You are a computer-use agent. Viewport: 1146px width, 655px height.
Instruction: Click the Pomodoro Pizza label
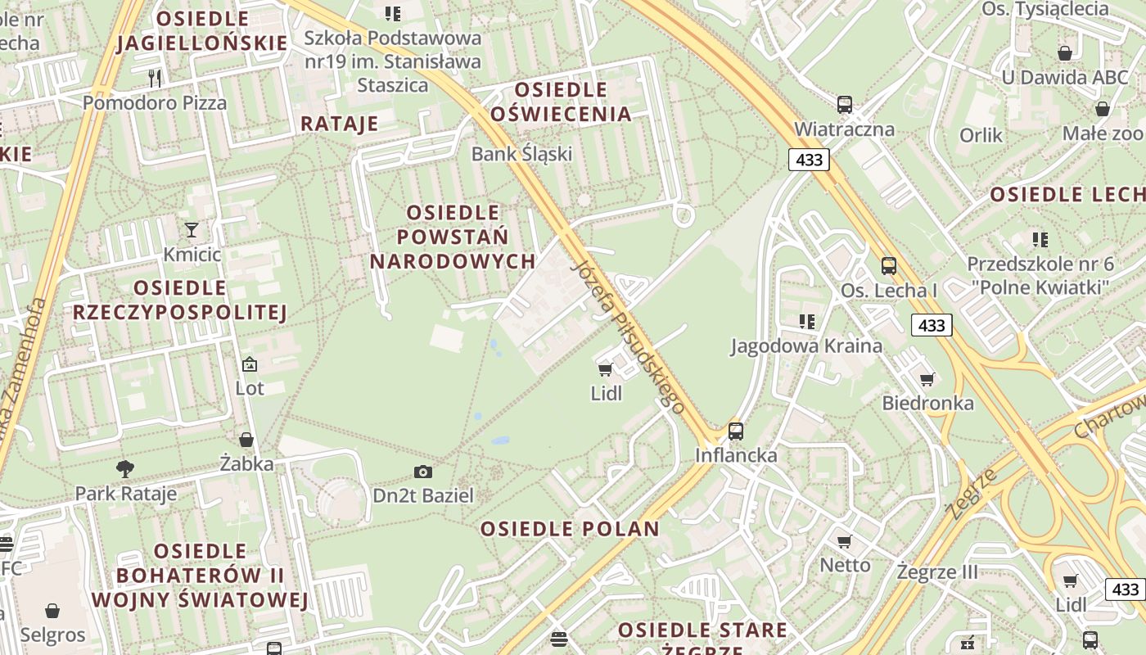click(x=155, y=103)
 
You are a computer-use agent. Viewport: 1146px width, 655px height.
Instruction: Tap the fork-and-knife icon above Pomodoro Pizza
click(x=155, y=78)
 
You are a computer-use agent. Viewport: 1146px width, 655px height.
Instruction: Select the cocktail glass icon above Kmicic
click(x=192, y=230)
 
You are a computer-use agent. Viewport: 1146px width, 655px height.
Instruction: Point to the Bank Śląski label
click(x=521, y=153)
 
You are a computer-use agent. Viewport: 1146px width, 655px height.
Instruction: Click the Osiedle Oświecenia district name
click(x=561, y=102)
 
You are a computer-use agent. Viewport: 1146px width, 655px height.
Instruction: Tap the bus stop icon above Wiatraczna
click(x=845, y=105)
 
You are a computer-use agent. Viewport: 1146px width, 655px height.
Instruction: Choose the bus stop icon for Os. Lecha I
click(x=889, y=266)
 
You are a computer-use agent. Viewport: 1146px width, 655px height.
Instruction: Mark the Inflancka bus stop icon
click(x=736, y=431)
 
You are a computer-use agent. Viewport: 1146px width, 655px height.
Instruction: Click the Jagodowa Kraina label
click(x=806, y=346)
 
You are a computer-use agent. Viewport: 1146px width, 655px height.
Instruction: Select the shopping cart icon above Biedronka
click(x=927, y=379)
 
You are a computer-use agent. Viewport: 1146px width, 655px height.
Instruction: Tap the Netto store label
click(x=846, y=565)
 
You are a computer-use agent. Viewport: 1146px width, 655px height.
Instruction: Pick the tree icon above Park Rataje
click(x=125, y=469)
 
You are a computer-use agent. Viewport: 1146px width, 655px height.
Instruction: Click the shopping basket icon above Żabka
click(x=246, y=440)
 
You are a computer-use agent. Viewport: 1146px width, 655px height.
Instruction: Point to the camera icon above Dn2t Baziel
click(x=423, y=472)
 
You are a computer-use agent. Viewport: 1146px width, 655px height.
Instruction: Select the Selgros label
click(x=53, y=635)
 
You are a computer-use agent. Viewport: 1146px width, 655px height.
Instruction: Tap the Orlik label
click(x=981, y=135)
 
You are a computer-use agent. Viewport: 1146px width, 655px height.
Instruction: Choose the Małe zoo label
click(x=1101, y=133)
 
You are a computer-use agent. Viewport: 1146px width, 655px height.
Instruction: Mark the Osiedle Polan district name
click(x=570, y=529)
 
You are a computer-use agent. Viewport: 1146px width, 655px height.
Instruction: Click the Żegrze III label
click(x=937, y=571)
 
